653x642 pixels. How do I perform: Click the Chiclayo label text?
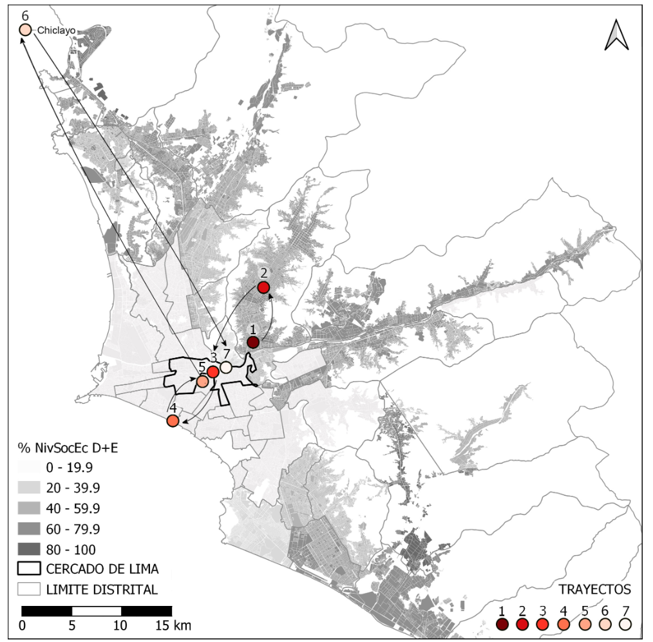click(x=57, y=30)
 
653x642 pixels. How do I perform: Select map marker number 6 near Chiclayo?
click(x=25, y=30)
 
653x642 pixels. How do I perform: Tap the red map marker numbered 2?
click(x=263, y=288)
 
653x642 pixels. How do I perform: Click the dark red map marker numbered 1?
click(x=253, y=342)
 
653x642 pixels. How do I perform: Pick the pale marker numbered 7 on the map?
click(x=226, y=367)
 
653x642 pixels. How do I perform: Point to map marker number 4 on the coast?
click(x=173, y=421)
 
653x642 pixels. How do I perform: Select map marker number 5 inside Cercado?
click(x=202, y=382)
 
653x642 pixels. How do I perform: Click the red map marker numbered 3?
click(x=213, y=372)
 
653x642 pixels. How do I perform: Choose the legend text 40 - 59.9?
click(x=73, y=508)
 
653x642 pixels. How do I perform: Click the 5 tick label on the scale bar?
click(x=72, y=625)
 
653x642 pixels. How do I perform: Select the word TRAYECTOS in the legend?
click(x=594, y=589)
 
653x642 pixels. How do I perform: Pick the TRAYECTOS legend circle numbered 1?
click(x=502, y=624)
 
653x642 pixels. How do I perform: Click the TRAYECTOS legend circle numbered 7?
click(x=625, y=624)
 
